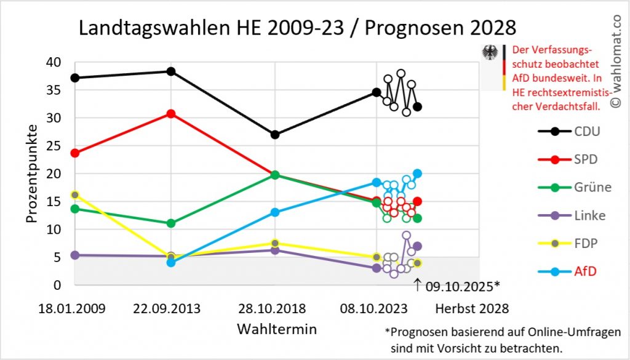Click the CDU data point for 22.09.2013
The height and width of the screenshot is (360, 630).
(x=171, y=71)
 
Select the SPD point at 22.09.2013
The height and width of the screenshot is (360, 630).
(x=171, y=114)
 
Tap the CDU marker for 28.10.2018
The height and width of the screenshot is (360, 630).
(x=274, y=134)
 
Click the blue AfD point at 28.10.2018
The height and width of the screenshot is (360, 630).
(x=274, y=212)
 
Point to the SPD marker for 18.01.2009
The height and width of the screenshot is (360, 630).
(x=75, y=153)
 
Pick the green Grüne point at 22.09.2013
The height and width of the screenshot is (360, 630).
(x=171, y=223)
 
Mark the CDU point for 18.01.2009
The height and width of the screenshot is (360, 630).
(x=75, y=78)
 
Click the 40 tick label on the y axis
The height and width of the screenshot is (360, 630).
(x=54, y=62)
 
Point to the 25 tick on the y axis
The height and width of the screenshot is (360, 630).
(x=54, y=146)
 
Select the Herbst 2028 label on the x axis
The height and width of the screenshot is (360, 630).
(x=472, y=307)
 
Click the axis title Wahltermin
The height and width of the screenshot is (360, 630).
(x=277, y=329)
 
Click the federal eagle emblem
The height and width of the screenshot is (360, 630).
(x=490, y=54)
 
